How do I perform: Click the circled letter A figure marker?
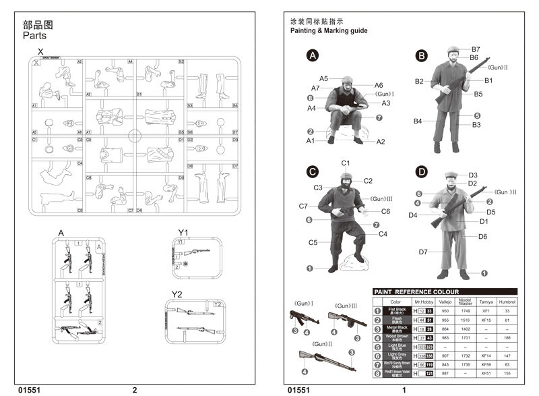click(312, 56)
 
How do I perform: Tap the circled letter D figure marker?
click(422, 172)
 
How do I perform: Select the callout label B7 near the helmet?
click(475, 49)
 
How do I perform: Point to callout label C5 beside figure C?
click(313, 242)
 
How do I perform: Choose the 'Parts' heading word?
click(34, 36)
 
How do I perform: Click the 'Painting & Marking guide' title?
click(328, 31)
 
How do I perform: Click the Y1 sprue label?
click(183, 233)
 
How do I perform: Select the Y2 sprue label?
click(177, 294)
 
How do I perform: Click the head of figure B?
click(453, 54)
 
